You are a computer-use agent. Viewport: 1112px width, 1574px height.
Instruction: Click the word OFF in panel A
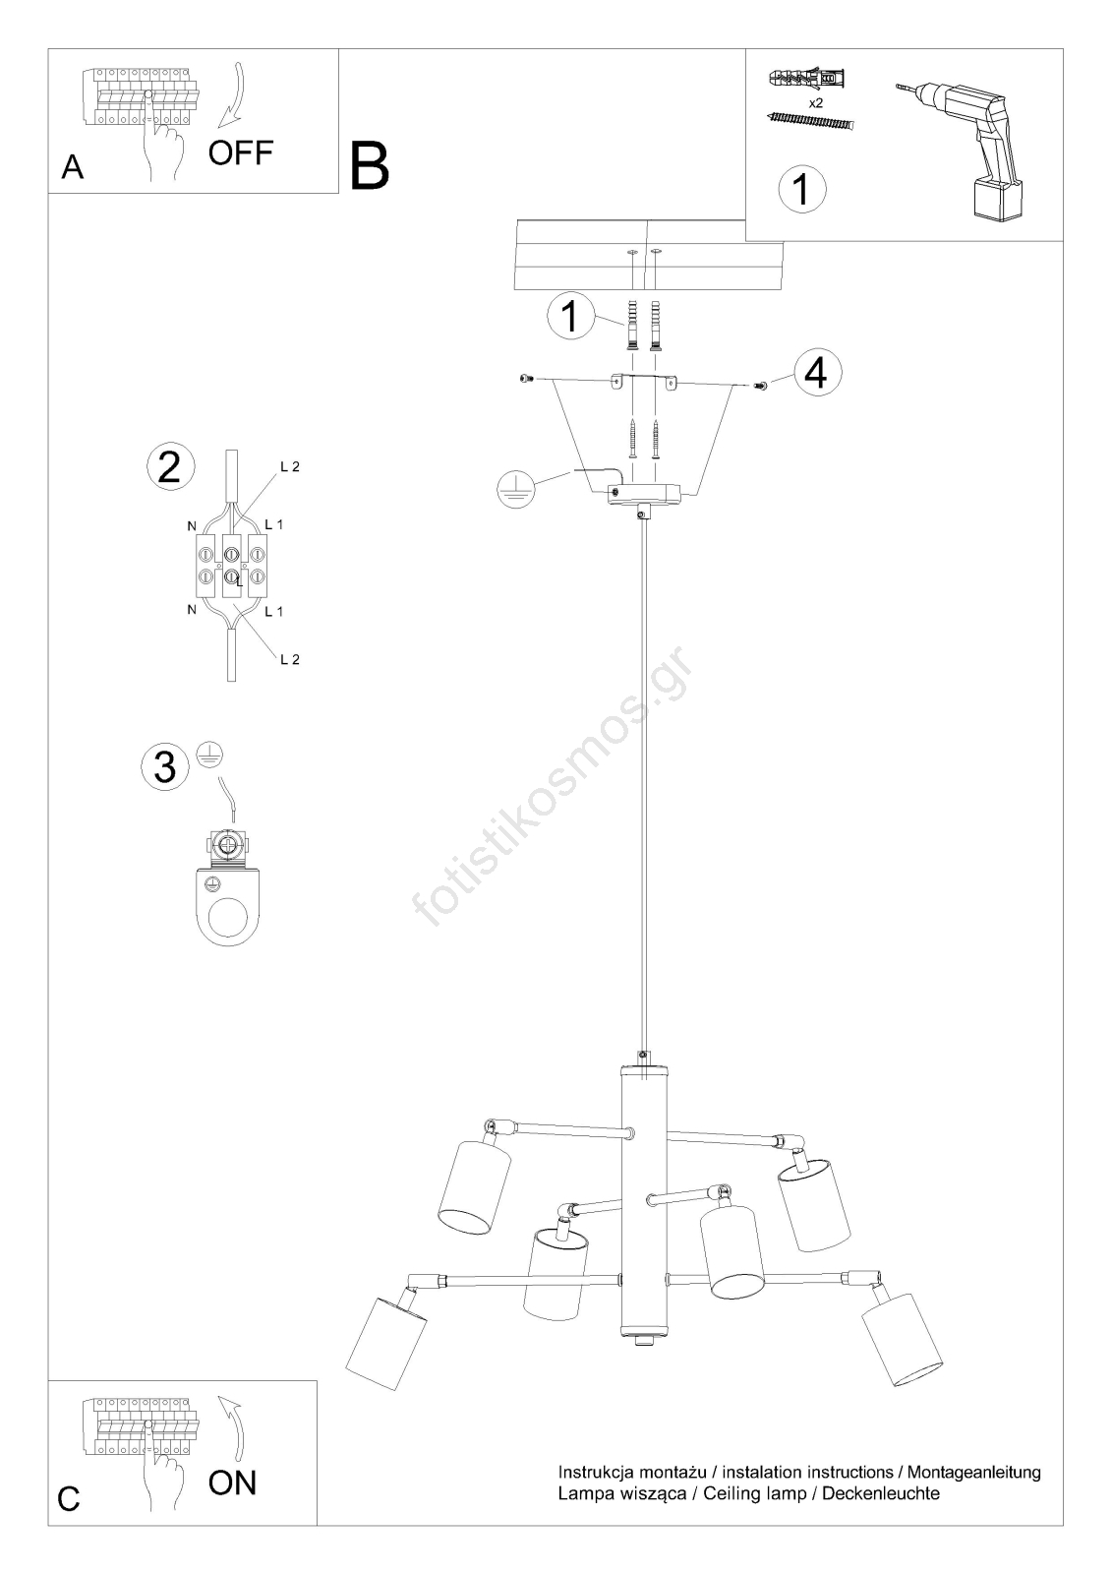tap(240, 152)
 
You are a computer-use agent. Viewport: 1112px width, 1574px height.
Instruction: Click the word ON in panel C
tap(232, 1483)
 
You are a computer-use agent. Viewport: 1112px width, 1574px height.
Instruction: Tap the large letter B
tap(370, 166)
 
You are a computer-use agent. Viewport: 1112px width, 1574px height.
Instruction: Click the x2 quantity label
tap(815, 102)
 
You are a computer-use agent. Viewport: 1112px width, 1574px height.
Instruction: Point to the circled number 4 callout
tap(818, 373)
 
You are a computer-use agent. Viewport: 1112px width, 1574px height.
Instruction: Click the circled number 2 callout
tap(171, 466)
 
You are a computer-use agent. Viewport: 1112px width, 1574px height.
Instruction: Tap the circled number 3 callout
tap(165, 766)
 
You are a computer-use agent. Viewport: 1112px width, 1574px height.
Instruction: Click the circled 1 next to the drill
tap(802, 189)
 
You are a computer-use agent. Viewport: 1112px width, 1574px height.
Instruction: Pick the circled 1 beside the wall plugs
tap(570, 316)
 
